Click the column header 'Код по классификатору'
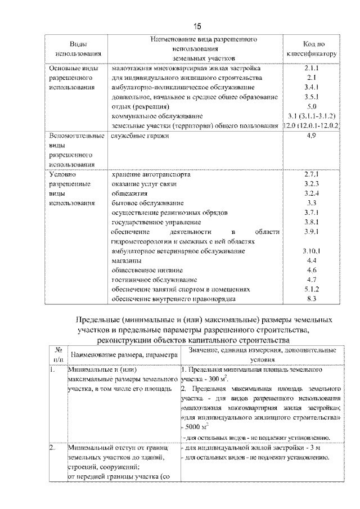313,49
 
